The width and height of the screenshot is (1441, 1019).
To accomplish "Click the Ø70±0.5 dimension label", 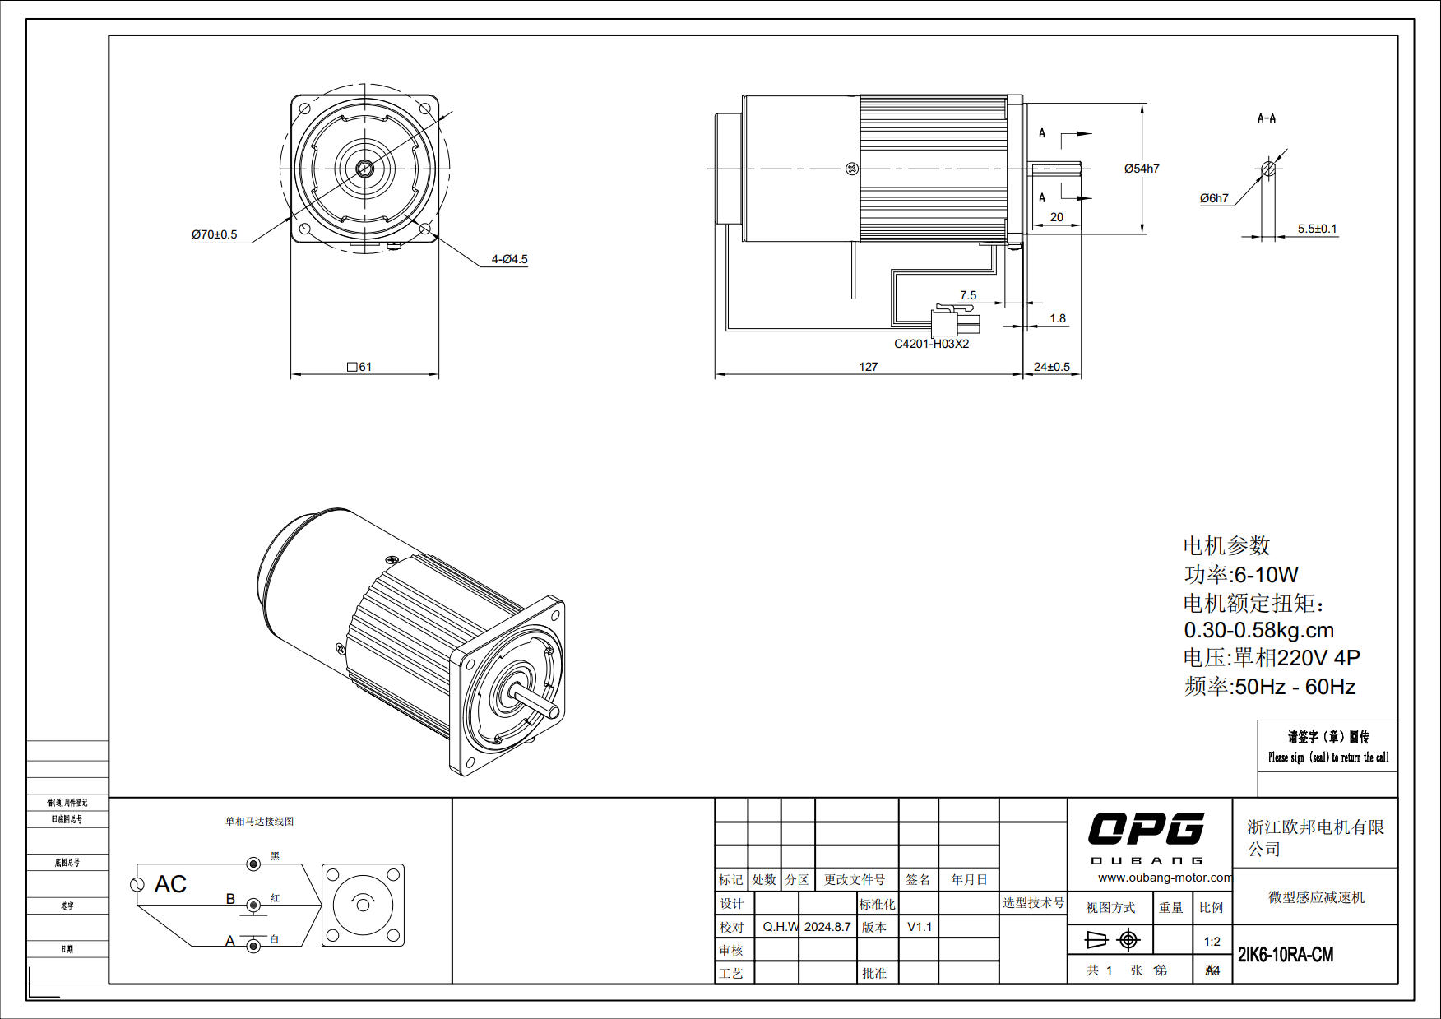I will (x=214, y=234).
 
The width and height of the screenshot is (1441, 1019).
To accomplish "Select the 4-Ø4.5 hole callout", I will (x=509, y=259).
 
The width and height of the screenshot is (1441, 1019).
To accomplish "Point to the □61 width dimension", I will (x=359, y=367).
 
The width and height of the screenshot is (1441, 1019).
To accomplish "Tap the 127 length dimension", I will (x=868, y=367).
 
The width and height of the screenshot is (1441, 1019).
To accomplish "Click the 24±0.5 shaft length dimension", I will (x=1051, y=367).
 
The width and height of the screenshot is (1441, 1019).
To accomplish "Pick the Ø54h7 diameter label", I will (x=1142, y=169).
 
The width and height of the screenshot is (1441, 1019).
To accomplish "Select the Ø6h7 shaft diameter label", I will (x=1214, y=198).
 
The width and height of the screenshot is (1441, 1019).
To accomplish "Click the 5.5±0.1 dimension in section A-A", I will (x=1317, y=229).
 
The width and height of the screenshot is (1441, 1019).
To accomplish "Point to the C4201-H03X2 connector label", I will (x=931, y=344).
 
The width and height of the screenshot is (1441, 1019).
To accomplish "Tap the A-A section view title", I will (x=1266, y=118).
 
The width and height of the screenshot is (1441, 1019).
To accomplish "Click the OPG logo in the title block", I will (x=1146, y=829).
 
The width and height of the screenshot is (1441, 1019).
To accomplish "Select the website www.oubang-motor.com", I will (x=1165, y=878).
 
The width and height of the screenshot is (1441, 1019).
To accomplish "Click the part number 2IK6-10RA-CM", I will (x=1286, y=955).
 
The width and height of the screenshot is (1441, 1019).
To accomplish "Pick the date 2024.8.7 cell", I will (x=827, y=927).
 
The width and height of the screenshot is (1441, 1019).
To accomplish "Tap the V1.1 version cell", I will (x=920, y=927).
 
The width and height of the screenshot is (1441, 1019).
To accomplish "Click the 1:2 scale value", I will (x=1212, y=942).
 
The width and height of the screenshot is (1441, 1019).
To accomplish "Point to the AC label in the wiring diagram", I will (x=170, y=884).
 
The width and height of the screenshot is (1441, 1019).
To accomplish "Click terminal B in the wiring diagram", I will (x=253, y=905).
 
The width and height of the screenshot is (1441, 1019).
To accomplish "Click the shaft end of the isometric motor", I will (x=552, y=711).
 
